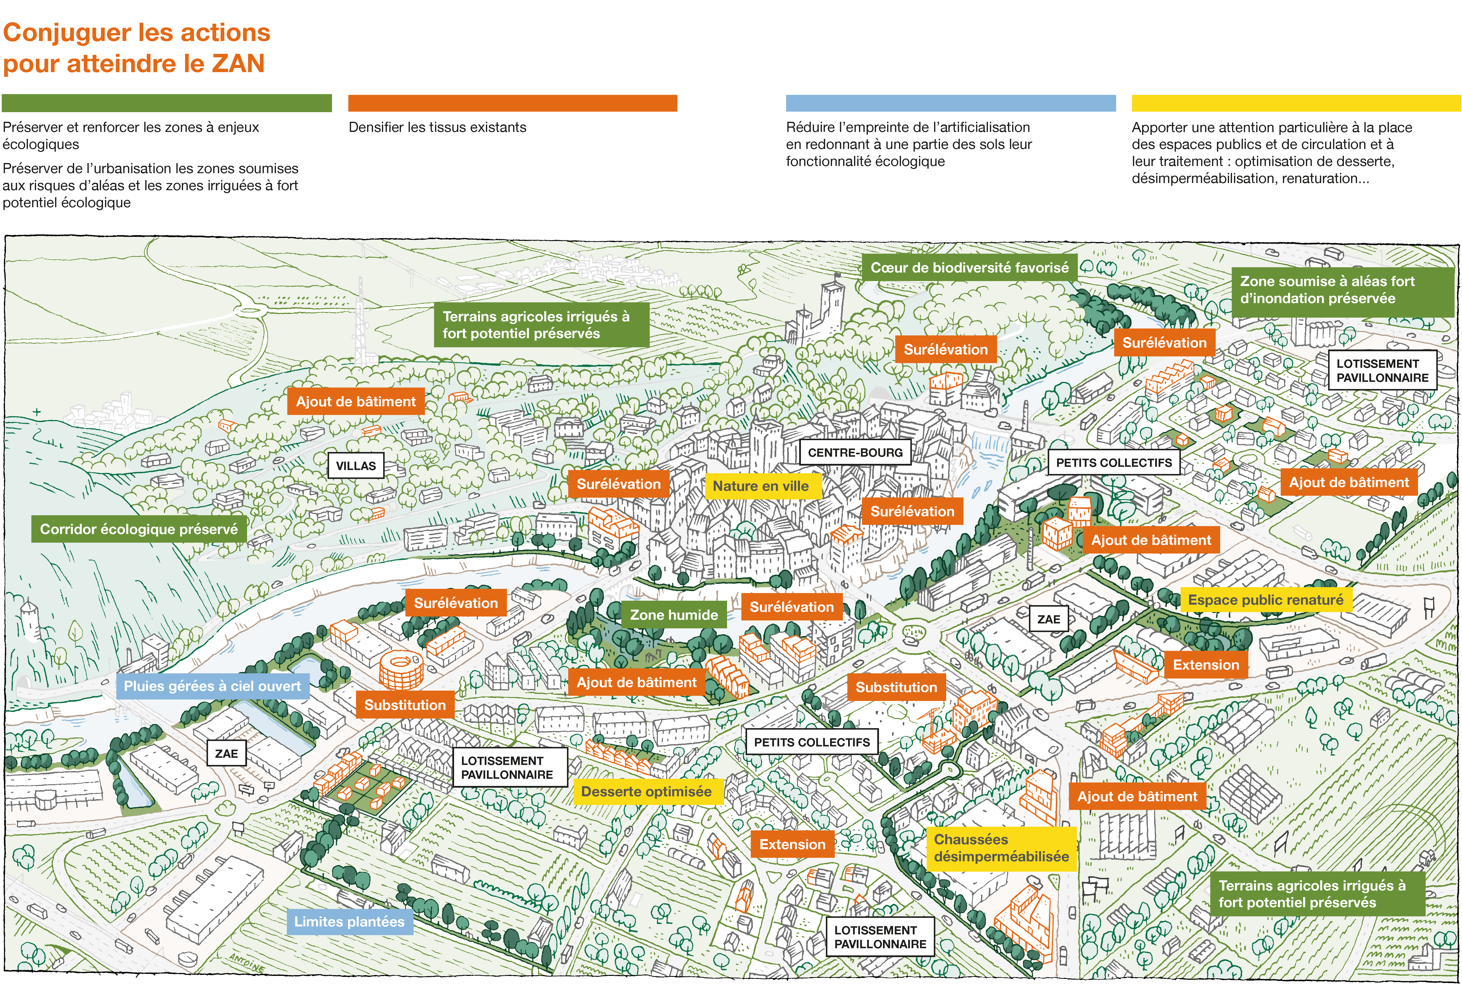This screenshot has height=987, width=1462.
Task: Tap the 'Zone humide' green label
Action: click(674, 615)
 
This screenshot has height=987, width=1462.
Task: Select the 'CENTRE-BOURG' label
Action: click(855, 452)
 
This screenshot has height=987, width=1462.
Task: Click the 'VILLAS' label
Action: click(355, 466)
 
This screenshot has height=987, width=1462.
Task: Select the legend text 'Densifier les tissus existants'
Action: click(437, 127)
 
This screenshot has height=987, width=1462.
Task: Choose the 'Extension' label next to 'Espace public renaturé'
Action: click(1205, 665)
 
